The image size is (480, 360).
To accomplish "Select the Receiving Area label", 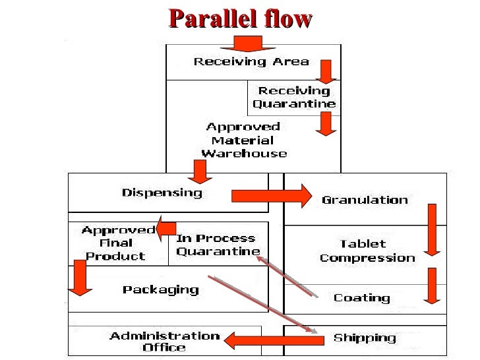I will pos(251,62).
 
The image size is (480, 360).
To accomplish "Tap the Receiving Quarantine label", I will pos(294,97).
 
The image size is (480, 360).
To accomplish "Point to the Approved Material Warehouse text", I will pos(244,140).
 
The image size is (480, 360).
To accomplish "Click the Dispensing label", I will pos(162,193).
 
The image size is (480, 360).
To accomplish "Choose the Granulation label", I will pos(365,200).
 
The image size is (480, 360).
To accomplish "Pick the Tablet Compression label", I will pos(367,251).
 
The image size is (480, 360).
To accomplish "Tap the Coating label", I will pos(361,297).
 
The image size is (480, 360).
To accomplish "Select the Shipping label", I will pos(365,338).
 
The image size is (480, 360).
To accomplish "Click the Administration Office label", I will pos(165,341).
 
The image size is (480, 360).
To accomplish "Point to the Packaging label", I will pos(160,289).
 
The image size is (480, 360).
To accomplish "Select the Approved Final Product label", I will pos(117,243).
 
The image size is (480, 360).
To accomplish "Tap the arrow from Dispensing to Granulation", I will pos(271,196).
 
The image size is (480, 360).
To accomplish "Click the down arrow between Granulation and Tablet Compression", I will pos(432,229).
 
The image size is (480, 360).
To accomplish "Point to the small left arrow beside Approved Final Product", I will pos(165,226).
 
